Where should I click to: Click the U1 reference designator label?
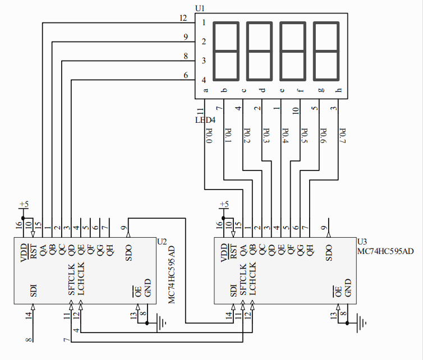(x=200, y=8)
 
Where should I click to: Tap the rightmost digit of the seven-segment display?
(x=327, y=51)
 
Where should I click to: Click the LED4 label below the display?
(x=205, y=120)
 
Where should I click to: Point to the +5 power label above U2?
(x=24, y=204)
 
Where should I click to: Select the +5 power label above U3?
(x=224, y=204)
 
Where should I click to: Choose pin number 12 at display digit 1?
(x=183, y=18)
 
